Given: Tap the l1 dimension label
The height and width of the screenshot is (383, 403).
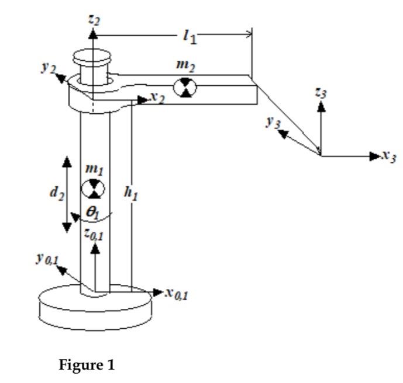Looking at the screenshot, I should click(189, 37).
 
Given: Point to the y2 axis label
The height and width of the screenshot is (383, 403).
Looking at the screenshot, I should click(48, 68).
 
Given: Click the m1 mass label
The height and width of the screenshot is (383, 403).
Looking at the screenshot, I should click(93, 169).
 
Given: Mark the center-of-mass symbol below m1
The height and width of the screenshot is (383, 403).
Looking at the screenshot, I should click(92, 189).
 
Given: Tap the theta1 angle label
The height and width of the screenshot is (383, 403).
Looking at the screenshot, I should click(92, 213).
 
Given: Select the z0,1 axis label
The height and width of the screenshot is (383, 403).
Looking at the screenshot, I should click(94, 234).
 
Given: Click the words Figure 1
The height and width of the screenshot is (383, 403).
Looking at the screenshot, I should click(88, 365).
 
